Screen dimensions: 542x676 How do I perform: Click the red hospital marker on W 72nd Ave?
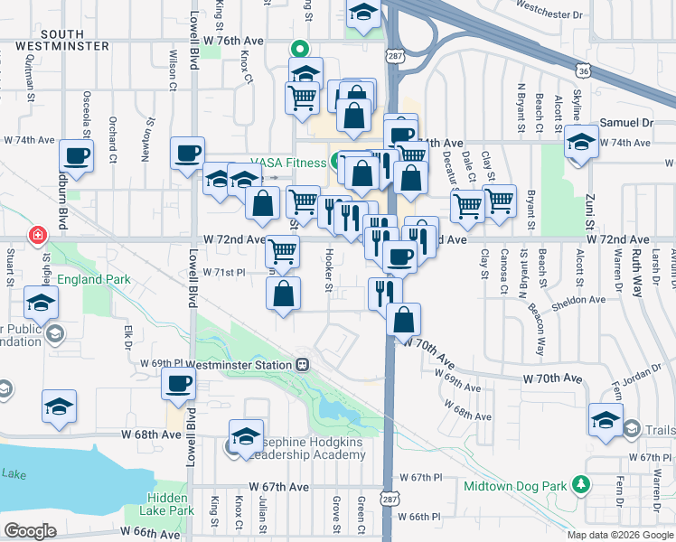(38, 237)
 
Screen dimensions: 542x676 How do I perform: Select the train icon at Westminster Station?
(303, 365)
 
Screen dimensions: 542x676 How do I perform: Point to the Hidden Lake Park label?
(172, 504)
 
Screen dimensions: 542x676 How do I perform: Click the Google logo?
(30, 531)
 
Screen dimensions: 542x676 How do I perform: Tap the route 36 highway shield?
(582, 70)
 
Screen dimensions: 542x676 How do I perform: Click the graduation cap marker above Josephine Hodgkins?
(246, 435)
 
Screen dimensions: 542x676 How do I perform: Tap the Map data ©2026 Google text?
(619, 534)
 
